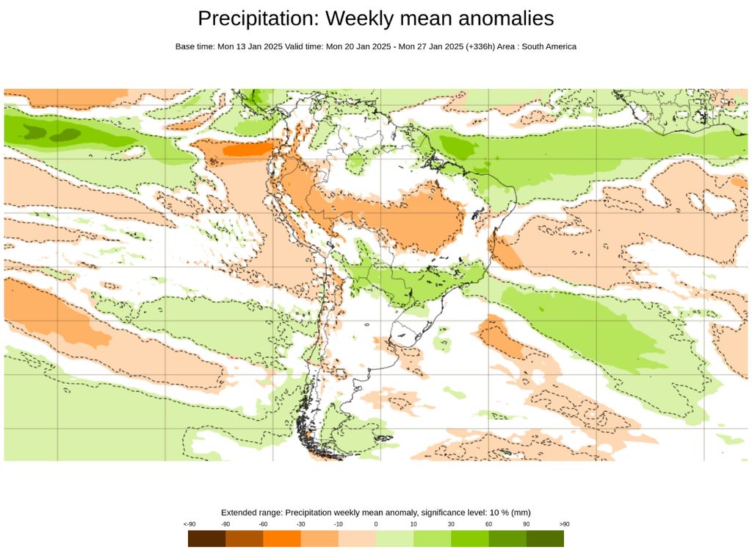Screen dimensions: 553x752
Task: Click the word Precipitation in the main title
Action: tap(257, 18)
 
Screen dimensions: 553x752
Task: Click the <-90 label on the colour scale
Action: tap(189, 524)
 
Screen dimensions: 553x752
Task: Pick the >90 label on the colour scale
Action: tap(564, 524)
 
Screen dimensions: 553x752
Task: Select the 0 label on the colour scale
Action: tap(376, 524)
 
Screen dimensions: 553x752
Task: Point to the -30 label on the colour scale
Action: tap(300, 524)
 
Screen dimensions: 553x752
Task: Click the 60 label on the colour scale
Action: tap(488, 524)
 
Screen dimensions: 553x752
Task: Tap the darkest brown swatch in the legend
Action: tap(206, 538)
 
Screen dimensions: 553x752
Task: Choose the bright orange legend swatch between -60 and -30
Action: tap(282, 538)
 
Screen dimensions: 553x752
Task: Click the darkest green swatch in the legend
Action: tap(545, 538)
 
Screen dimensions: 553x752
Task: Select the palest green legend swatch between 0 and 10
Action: tap(394, 538)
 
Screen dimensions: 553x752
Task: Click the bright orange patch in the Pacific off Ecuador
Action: tap(245, 150)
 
